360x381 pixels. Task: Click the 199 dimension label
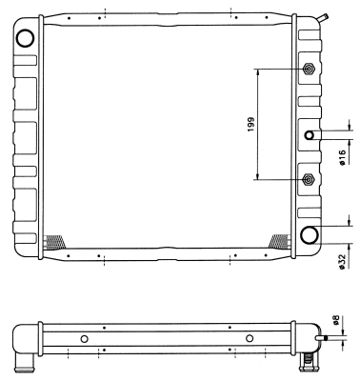point(251,125)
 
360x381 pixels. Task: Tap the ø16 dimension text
point(342,158)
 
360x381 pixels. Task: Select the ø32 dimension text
point(342,262)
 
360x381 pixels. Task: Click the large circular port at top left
point(25,38)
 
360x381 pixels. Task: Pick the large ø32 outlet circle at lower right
point(310,235)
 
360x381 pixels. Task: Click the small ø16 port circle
point(310,135)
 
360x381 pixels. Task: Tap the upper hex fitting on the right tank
point(309,69)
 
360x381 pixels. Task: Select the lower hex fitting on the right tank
point(309,180)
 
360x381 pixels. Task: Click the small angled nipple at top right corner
point(324,18)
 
